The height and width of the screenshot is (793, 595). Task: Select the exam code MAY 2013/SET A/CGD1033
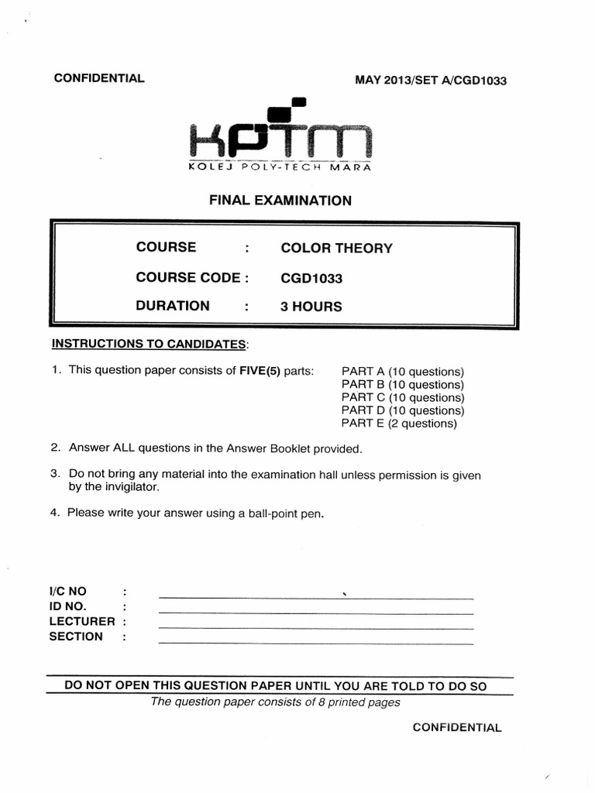point(430,80)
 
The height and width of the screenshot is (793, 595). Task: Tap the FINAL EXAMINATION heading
point(280,201)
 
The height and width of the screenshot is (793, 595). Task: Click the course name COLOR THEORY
point(336,249)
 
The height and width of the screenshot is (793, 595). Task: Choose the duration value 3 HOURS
point(311,307)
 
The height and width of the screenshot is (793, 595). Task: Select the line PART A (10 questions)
point(402,371)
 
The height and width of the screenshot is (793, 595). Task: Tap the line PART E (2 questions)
point(399,424)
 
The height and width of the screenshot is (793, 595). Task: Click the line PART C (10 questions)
point(402,397)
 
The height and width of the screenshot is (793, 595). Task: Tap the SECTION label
point(76,637)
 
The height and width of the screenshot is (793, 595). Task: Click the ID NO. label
point(68,606)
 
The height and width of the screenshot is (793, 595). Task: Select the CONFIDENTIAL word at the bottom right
point(456,728)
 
